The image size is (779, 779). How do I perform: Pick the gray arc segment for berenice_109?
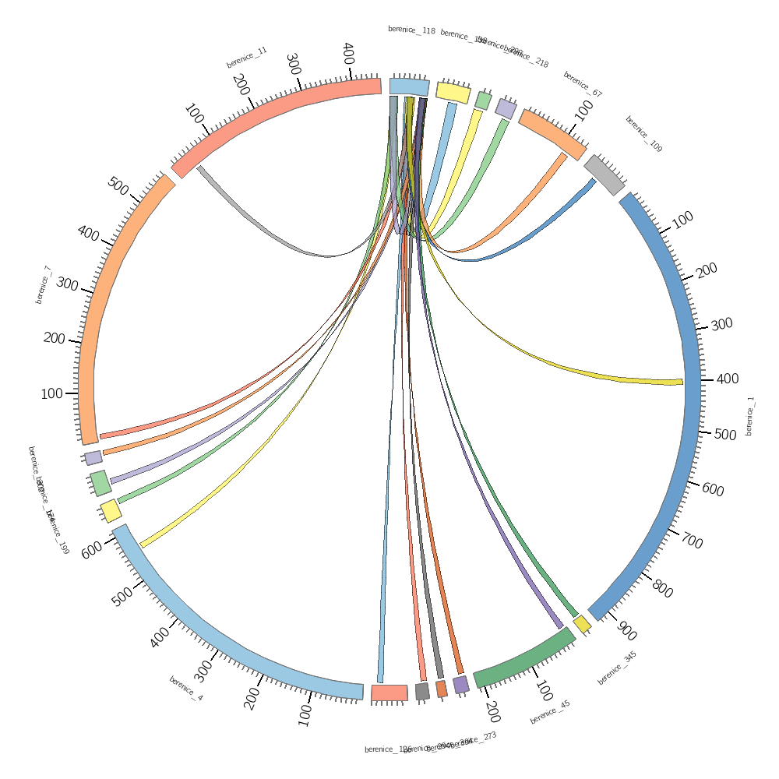(x=605, y=174)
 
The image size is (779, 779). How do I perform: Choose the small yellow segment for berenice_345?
(x=582, y=625)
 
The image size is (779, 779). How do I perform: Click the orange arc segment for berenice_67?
(x=552, y=133)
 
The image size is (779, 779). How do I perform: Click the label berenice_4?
(x=186, y=689)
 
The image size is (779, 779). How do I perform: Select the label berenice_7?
(x=43, y=284)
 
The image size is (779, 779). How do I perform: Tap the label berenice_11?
(x=247, y=57)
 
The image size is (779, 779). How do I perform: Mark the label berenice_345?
(x=617, y=668)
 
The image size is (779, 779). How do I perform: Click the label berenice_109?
(x=643, y=134)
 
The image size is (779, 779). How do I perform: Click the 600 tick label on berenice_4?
(x=92, y=550)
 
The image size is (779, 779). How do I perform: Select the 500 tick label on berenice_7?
(x=118, y=187)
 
